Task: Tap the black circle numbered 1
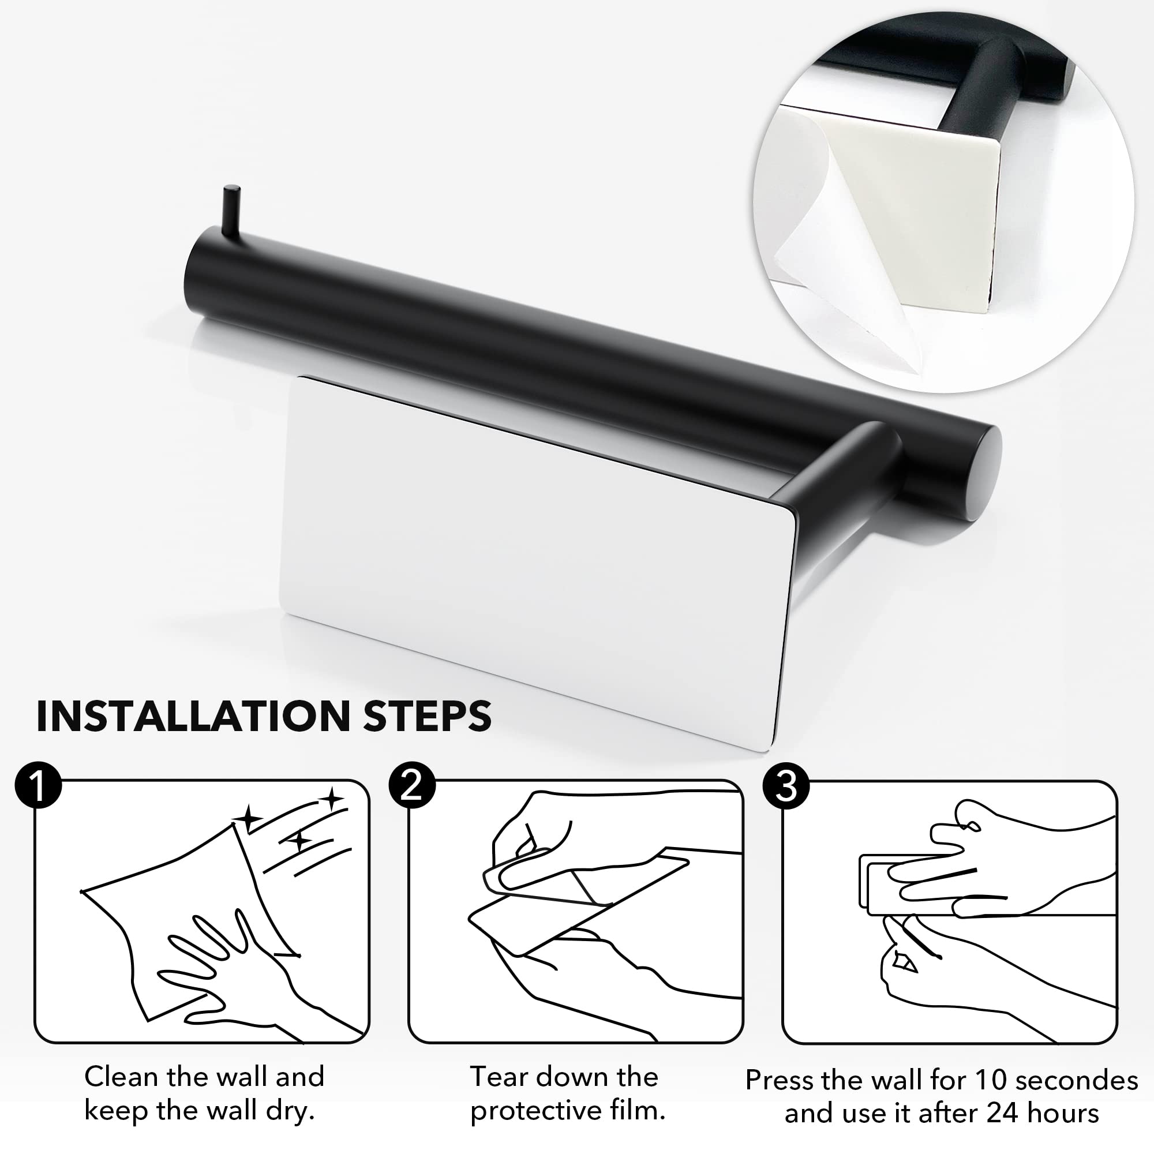point(38,786)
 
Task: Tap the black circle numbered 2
point(412,786)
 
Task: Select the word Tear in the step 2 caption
point(497,1077)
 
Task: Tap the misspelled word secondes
point(1077,1081)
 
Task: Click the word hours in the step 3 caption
point(1065,1114)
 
